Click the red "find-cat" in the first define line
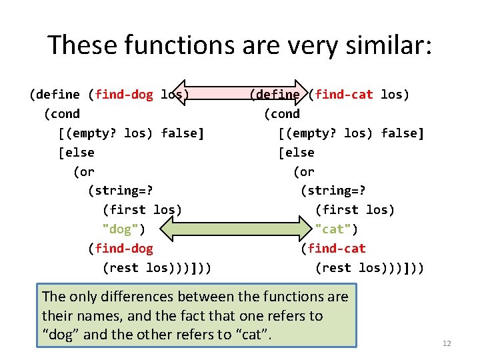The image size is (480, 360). pos(343,95)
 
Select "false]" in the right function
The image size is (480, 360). pos(403,133)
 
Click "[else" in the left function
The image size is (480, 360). pos(77,153)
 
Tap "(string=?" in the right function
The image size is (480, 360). pos(333,191)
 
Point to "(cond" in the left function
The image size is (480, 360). pos(61,114)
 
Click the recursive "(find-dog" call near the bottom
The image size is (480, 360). pos(121,249)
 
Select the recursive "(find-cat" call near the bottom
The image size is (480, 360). pos(333,249)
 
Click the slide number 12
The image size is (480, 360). pos(447,343)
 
